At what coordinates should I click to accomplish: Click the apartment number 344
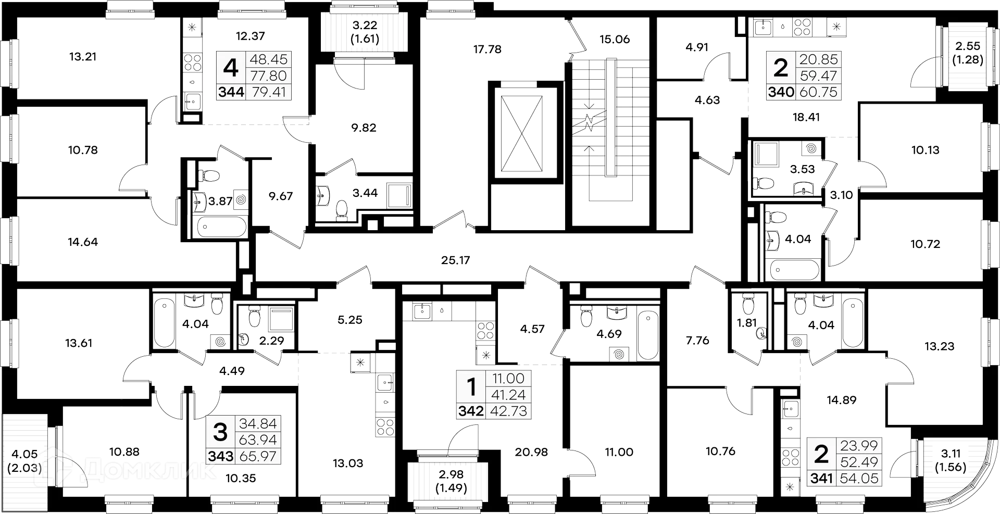click(x=231, y=92)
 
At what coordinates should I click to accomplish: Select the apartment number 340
click(x=781, y=92)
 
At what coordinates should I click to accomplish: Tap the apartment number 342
click(x=471, y=411)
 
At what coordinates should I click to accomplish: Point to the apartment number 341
click(x=821, y=478)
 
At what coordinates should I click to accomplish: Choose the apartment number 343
click(x=220, y=456)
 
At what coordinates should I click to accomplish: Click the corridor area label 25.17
click(x=456, y=260)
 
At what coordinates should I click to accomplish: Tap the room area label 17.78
click(x=488, y=49)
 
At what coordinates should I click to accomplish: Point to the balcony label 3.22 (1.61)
click(x=365, y=32)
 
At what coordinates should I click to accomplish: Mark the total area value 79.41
click(x=268, y=92)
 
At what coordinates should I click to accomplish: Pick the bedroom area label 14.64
click(x=83, y=242)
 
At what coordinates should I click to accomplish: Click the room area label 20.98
click(x=531, y=452)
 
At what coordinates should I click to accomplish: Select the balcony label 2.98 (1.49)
click(x=450, y=481)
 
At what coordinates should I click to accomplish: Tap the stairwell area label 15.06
click(x=615, y=40)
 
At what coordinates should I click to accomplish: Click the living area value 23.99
click(x=859, y=445)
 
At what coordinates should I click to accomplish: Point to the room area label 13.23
click(x=939, y=346)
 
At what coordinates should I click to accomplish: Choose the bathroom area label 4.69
click(x=609, y=334)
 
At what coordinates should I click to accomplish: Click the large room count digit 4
click(x=230, y=68)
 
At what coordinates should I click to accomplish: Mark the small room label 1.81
click(x=746, y=323)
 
